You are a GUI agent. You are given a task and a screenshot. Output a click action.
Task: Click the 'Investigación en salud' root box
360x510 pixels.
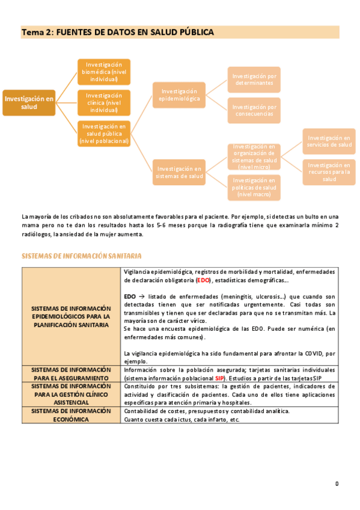tap(29, 102)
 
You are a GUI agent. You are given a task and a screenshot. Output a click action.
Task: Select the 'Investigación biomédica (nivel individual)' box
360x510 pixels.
tap(104, 72)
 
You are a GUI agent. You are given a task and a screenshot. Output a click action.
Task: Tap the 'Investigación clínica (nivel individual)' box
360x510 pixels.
tap(104, 102)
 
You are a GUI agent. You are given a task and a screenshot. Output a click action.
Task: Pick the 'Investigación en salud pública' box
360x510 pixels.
tap(104, 134)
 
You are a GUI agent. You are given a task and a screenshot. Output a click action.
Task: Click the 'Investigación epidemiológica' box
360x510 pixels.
tap(179, 95)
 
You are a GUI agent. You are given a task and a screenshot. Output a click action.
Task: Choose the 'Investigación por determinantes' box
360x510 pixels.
tap(254, 80)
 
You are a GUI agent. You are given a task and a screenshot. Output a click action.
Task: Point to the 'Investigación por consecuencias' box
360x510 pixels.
tap(254, 111)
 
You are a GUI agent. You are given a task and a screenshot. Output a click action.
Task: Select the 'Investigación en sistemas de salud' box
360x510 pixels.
tap(179, 173)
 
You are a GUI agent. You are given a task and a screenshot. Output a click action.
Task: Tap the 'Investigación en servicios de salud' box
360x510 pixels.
tap(329, 141)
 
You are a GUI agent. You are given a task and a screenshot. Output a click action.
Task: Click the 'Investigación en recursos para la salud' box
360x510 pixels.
tap(329, 172)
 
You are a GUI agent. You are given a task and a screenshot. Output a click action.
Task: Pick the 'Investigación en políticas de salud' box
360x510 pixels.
tap(254, 188)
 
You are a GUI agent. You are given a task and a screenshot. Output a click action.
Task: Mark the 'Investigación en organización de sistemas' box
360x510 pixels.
tap(254, 157)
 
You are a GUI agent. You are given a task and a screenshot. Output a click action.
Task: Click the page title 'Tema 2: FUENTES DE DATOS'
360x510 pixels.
tap(117, 32)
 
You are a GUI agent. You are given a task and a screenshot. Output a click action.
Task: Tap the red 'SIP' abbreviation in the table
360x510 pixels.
tap(220, 378)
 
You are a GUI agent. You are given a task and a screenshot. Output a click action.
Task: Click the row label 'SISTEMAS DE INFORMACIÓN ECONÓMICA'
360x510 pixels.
tap(72, 415)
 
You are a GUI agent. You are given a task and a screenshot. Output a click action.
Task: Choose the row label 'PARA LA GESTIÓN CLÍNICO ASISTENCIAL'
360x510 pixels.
tap(72, 394)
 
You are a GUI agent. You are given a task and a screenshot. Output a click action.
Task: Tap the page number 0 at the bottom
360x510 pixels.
tap(337, 483)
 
